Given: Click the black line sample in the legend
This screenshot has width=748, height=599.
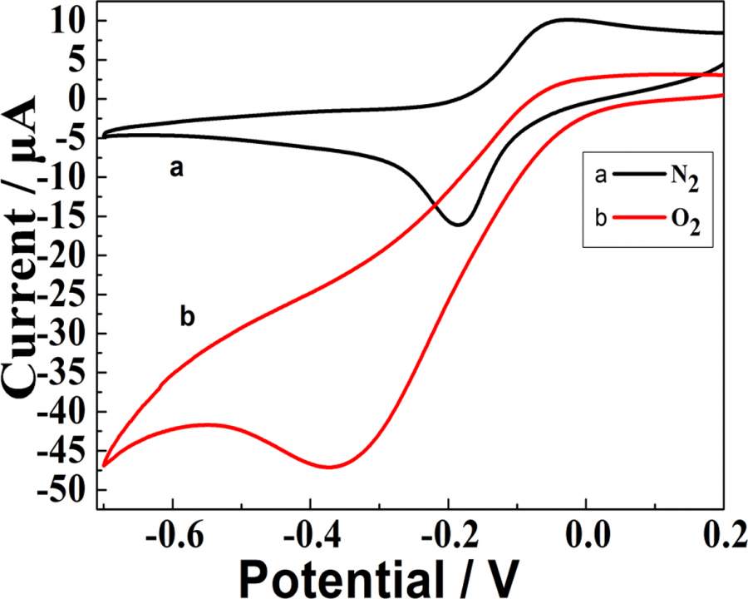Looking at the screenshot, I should [x=636, y=176].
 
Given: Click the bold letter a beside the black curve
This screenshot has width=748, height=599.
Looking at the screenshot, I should [x=175, y=169].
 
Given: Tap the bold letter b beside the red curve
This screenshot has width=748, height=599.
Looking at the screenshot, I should [x=186, y=316].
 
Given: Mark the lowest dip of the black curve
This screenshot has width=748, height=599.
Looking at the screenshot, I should [x=459, y=225].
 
